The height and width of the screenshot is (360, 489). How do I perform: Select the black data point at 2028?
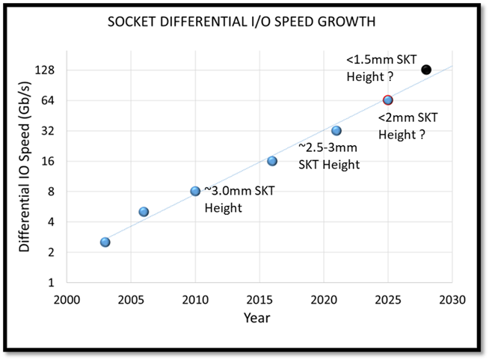pyautogui.click(x=426, y=70)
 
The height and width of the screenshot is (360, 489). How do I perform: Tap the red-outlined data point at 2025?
pyautogui.click(x=387, y=100)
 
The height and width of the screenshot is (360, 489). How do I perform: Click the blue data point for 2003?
pyautogui.click(x=105, y=242)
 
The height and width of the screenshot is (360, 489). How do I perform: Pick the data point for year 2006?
pyautogui.click(x=144, y=212)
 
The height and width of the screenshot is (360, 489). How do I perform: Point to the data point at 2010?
pyautogui.click(x=195, y=191)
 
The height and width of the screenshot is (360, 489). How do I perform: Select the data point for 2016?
pyautogui.click(x=272, y=161)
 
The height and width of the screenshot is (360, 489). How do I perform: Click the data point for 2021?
pyautogui.click(x=336, y=130)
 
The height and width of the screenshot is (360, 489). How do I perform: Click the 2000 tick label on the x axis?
pyautogui.click(x=67, y=299)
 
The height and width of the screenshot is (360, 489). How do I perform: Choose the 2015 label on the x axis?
pyautogui.click(x=259, y=299)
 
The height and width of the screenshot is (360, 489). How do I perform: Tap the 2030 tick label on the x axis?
pyautogui.click(x=452, y=299)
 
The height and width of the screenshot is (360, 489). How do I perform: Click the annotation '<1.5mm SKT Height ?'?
pyautogui.click(x=381, y=67)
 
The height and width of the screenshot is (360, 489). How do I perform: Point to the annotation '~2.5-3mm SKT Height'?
pyautogui.click(x=330, y=156)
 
